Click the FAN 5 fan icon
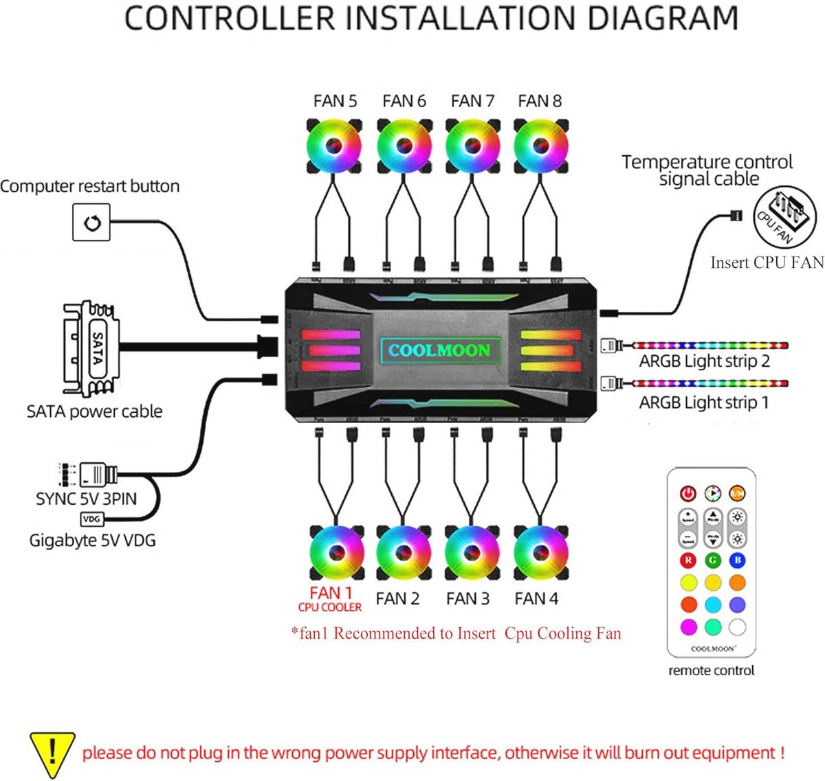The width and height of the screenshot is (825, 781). (334, 146)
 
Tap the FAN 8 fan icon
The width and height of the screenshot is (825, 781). (540, 146)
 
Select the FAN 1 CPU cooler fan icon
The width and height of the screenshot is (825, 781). (336, 553)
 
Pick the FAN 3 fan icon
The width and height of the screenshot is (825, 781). (472, 553)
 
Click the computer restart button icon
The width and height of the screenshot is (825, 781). (91, 223)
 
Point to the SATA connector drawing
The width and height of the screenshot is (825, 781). (91, 349)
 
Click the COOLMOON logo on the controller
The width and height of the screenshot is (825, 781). (439, 351)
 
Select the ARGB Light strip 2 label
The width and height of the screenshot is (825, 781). (704, 361)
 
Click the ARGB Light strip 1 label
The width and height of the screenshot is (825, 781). (704, 402)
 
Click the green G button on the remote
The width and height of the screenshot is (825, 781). (713, 561)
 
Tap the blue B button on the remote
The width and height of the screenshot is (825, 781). (737, 561)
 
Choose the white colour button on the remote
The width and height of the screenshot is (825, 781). (737, 626)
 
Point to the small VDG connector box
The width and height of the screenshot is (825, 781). (92, 519)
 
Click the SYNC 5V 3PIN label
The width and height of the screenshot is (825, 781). (86, 499)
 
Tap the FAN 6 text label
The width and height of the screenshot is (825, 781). (404, 101)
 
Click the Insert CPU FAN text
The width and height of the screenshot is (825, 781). (767, 262)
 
